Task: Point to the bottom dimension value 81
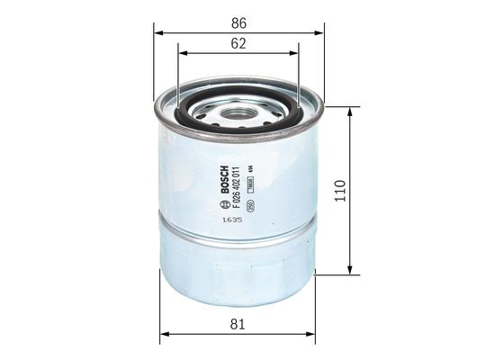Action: click(x=238, y=323)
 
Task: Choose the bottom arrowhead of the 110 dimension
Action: click(x=349, y=270)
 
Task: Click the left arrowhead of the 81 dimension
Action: click(x=164, y=335)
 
